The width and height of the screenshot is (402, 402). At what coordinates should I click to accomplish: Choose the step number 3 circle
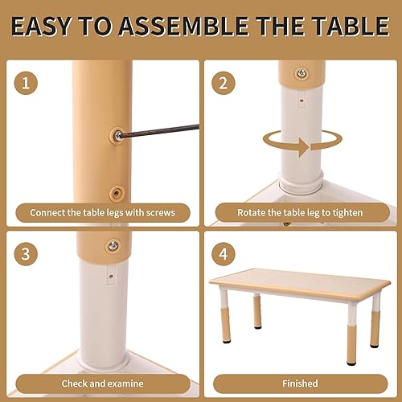tap(27, 255)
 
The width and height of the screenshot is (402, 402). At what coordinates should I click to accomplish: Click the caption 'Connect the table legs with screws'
tap(102, 213)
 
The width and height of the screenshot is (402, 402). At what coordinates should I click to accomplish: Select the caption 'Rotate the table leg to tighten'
tap(300, 213)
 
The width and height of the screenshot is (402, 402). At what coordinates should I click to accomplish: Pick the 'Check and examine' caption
tap(102, 383)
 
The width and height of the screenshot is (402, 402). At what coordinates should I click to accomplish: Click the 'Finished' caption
tap(300, 383)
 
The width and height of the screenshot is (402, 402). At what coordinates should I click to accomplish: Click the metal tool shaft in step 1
tap(161, 129)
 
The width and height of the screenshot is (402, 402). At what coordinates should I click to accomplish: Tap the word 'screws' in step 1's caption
tap(158, 213)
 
